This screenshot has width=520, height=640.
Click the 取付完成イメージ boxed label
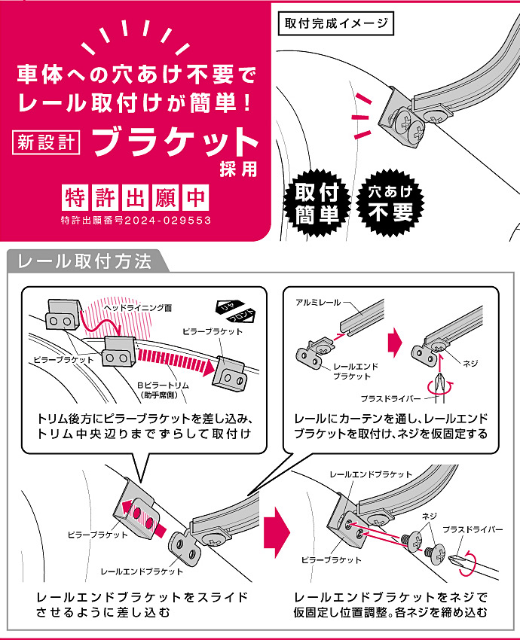[x=336, y=23]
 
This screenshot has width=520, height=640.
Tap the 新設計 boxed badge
[x=46, y=142]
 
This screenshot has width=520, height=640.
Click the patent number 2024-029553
[x=168, y=221]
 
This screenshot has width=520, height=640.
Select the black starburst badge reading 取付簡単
[x=317, y=203]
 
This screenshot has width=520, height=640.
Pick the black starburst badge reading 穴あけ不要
[x=390, y=203]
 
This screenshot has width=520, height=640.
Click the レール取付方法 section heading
[x=84, y=261]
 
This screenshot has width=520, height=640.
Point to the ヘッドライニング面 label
[x=138, y=307]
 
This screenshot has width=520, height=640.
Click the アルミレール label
[x=318, y=303]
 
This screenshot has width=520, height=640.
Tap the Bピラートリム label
[x=163, y=385]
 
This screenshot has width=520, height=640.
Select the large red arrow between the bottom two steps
[x=277, y=532]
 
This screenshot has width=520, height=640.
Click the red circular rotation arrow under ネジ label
[x=440, y=386]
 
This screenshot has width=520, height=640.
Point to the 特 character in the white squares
[x=75, y=197]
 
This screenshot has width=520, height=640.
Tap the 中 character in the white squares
[x=195, y=197]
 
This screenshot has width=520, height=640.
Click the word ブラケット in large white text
[x=176, y=142]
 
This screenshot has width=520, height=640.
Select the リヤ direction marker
[x=229, y=307]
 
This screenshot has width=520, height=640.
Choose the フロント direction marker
[x=241, y=316]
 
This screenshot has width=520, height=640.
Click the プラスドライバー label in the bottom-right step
[x=473, y=530]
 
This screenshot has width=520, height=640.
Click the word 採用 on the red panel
[x=239, y=169]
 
